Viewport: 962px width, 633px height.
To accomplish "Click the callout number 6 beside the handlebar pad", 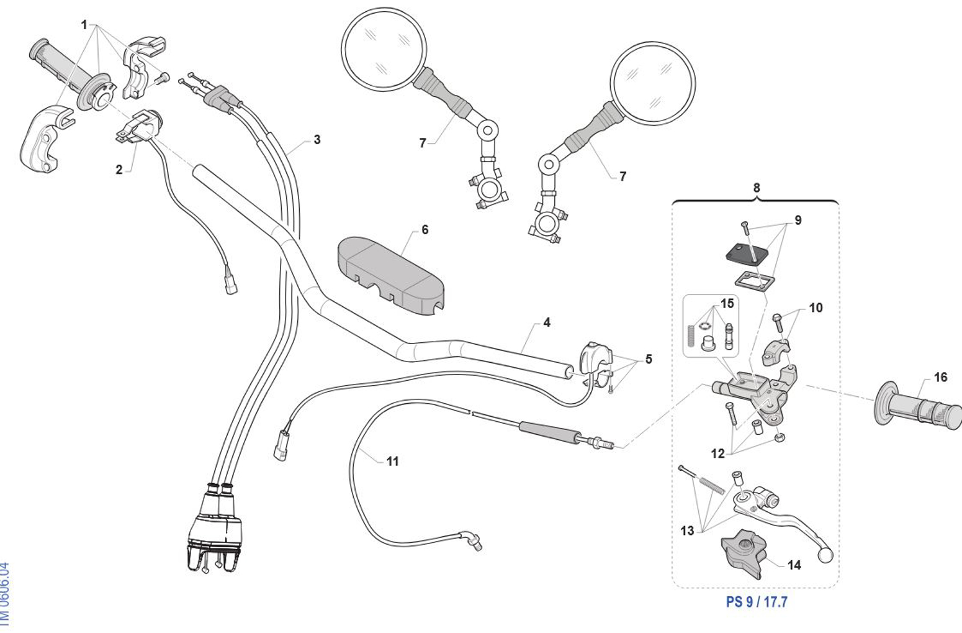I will point(425,230).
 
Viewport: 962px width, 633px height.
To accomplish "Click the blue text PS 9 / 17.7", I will point(757,602).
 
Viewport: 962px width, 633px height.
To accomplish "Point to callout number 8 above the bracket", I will point(756,188).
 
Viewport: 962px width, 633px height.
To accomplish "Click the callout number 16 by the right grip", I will point(940,377).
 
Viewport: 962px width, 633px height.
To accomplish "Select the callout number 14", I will point(794,565).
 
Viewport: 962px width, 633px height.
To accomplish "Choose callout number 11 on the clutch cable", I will point(392,461).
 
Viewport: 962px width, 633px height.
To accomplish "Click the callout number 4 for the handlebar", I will point(546,322).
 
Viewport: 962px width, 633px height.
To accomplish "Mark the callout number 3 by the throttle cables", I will point(317,139).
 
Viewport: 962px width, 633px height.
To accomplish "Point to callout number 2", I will point(119,170).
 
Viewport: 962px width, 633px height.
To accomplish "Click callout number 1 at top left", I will point(84,25).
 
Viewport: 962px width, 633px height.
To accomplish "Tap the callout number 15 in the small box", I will point(727,303).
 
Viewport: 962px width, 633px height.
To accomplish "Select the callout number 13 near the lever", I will point(687,531).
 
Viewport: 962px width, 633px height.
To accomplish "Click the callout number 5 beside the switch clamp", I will point(649,359).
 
